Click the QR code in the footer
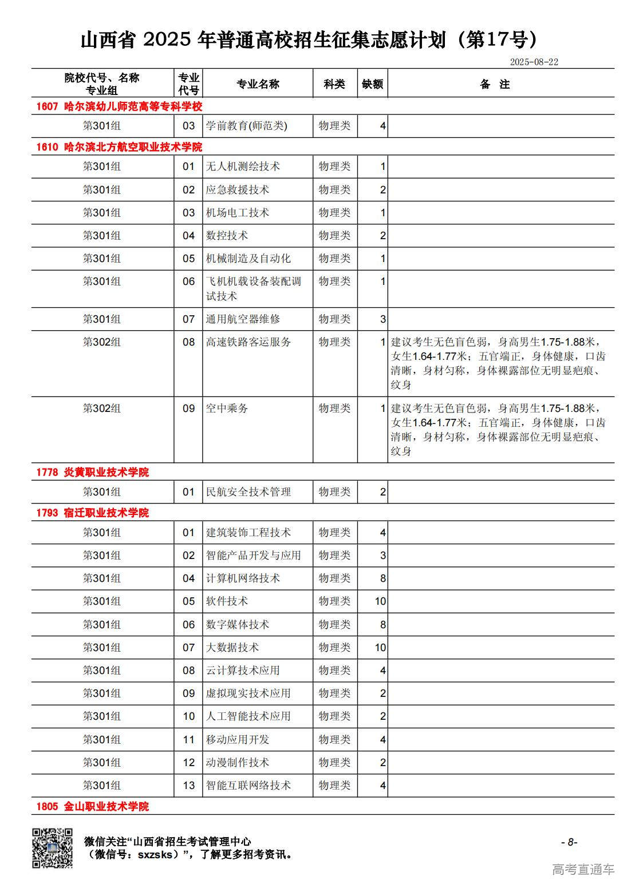(x=52, y=848)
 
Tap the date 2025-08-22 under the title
(x=534, y=62)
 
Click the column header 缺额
(x=372, y=84)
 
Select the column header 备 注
(x=495, y=84)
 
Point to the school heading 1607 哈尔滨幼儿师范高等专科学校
(x=119, y=106)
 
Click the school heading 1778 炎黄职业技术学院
(x=92, y=472)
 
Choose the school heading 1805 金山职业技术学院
(x=92, y=806)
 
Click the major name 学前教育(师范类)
(x=246, y=126)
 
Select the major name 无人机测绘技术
(x=243, y=166)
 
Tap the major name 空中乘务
(x=227, y=409)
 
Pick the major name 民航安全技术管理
(x=249, y=492)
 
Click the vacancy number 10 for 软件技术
(x=380, y=601)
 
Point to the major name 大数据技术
(x=232, y=648)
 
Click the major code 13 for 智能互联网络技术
(x=189, y=786)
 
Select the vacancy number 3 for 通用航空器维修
(x=383, y=319)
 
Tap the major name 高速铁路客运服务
(x=249, y=342)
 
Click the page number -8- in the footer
(x=569, y=842)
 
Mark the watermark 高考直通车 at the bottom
(x=583, y=870)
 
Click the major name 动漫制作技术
(x=238, y=763)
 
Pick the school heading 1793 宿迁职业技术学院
(x=92, y=513)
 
